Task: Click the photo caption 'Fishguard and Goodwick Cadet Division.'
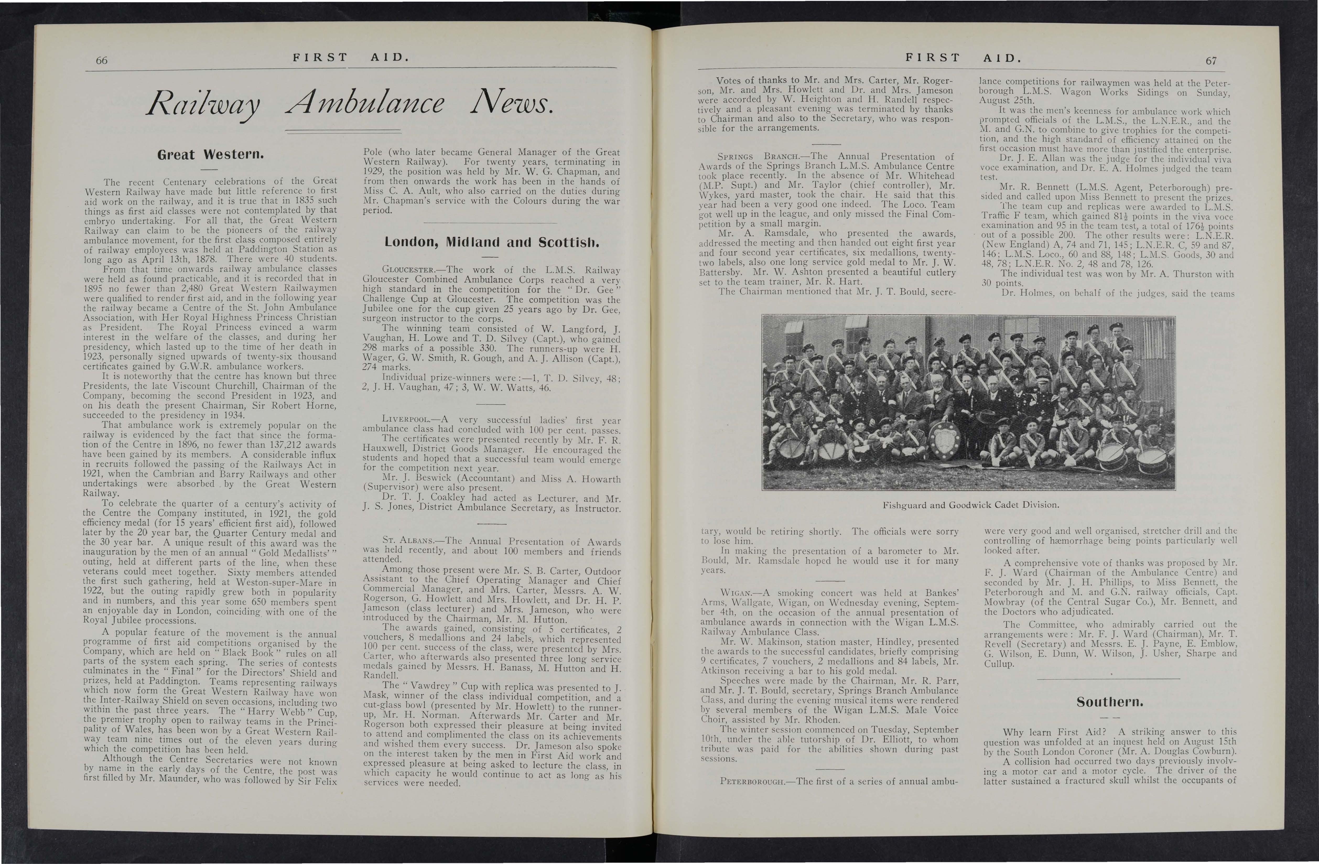970,505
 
